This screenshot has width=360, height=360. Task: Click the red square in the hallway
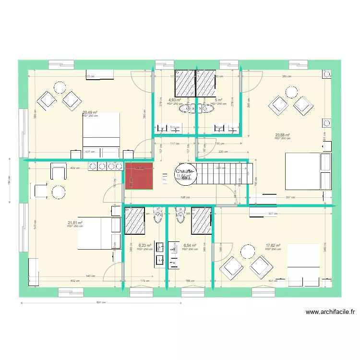point(139,176)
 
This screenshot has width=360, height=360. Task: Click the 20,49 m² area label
point(90,113)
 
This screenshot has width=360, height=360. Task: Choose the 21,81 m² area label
point(75,223)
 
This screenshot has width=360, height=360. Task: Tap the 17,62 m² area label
point(274,246)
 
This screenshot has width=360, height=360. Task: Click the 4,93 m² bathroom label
point(174,101)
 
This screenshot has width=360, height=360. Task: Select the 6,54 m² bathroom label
point(190,246)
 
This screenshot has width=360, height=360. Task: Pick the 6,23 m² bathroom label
point(144,246)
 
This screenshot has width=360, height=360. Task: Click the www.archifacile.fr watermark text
point(330,312)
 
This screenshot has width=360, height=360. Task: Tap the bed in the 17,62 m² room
point(303,265)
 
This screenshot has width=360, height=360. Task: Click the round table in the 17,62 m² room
point(248,251)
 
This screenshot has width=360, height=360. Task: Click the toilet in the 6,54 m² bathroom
point(180,216)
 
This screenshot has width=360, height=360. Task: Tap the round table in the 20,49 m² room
point(60,87)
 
